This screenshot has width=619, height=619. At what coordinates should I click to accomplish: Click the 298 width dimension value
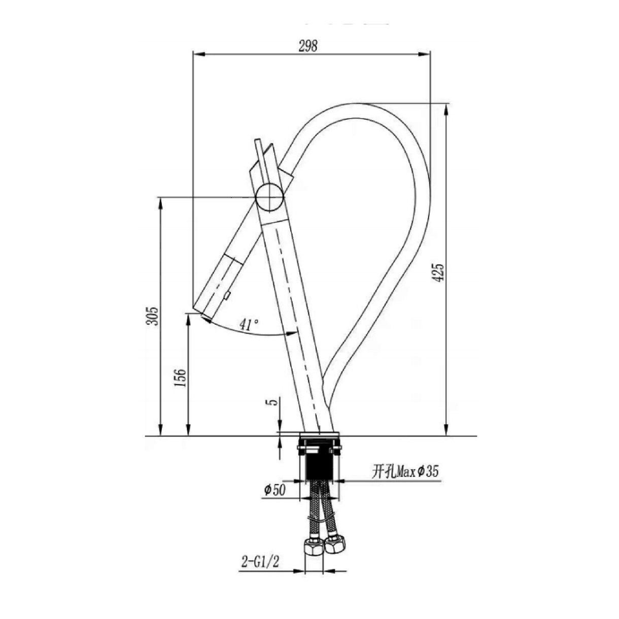308,46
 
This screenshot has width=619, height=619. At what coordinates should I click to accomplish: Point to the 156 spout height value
181,378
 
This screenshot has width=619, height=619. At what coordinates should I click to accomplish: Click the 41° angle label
249,325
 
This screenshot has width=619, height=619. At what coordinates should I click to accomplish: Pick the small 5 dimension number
272,402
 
